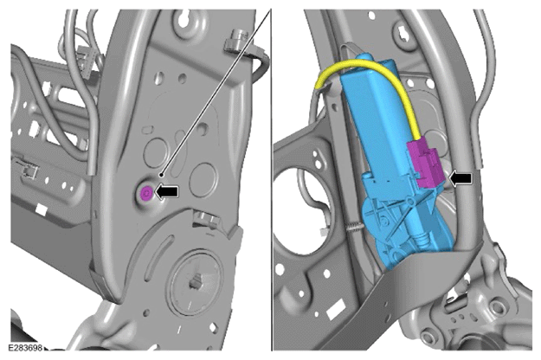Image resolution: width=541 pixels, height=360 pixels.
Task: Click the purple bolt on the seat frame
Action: [x=146, y=193]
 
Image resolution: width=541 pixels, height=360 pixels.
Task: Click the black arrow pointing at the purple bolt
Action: [x=167, y=191]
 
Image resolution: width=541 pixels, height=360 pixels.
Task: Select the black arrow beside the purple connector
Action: [x=460, y=178]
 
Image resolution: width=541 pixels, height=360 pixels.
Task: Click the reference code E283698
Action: [x=25, y=347]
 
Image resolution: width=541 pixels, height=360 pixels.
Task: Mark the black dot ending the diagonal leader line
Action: [x=161, y=175]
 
